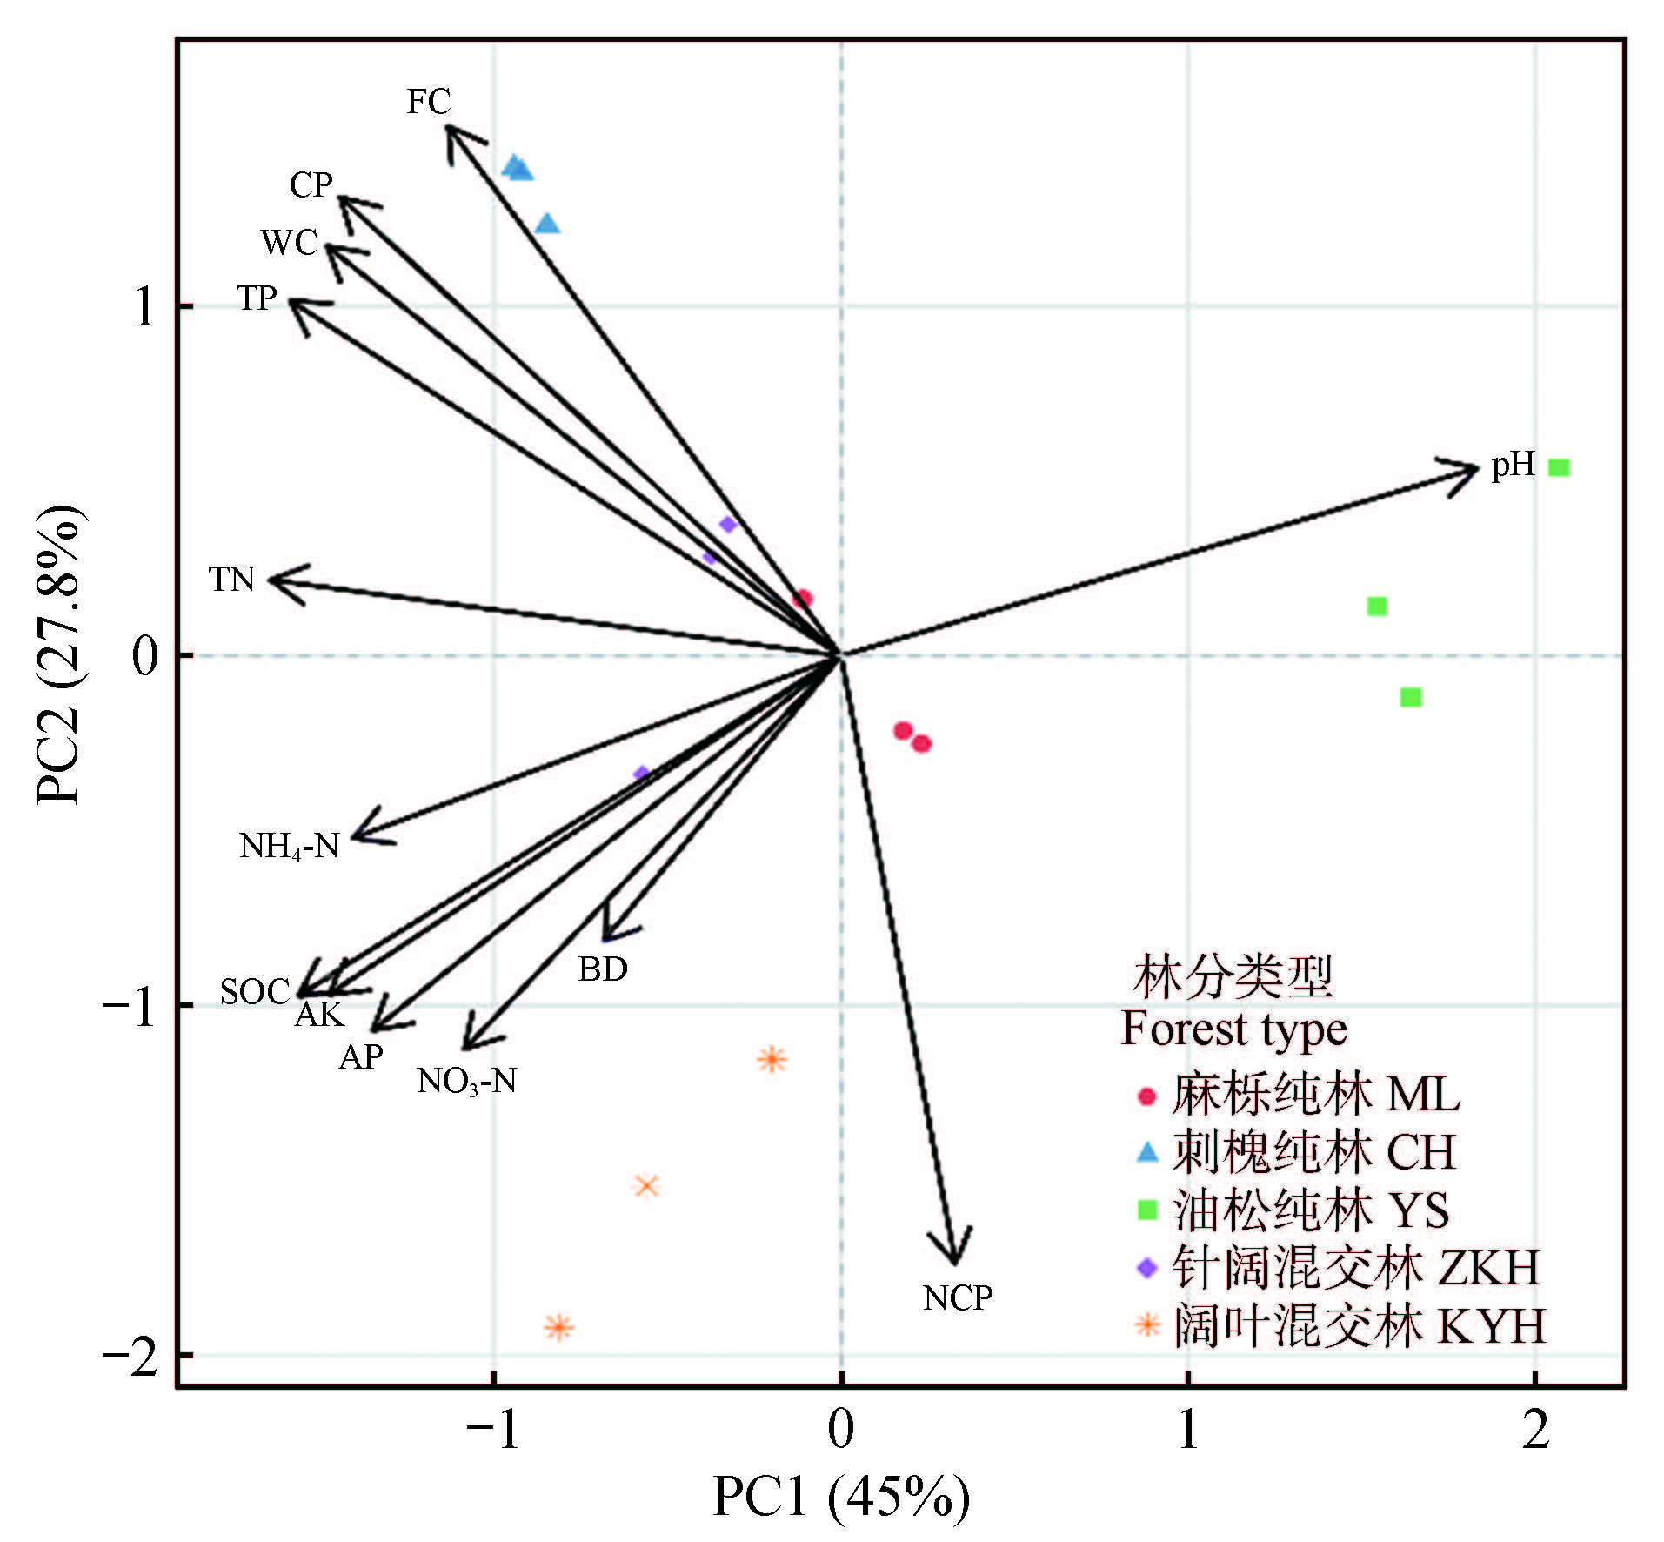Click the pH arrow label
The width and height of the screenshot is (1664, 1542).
coord(1513,466)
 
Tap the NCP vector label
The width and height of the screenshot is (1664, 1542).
coord(957,1297)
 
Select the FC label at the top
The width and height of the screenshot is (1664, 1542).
coord(428,102)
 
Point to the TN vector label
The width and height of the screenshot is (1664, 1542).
coord(231,579)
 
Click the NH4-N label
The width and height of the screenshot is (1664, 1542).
coord(289,846)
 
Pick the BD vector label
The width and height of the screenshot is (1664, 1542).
coord(603,969)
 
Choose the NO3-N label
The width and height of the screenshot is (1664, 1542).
coord(466,1082)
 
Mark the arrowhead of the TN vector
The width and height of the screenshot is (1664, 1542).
coord(272,580)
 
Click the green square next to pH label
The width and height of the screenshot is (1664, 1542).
coord(1559,467)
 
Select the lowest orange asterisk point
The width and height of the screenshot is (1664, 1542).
coord(559,1327)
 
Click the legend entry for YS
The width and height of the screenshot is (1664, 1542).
coord(1296,1210)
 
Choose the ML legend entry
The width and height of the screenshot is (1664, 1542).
coord(1300,1095)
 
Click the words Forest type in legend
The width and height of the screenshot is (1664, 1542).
coord(1233,1029)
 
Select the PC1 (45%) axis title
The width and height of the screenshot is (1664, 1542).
coord(840,1497)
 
